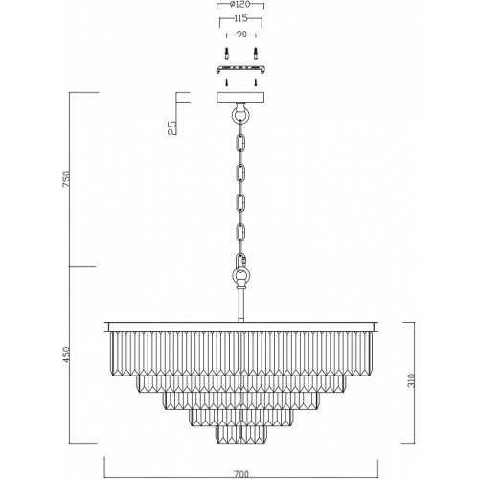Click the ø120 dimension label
point(240,5)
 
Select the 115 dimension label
point(240,18)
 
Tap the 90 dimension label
point(241,34)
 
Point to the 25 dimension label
point(172,127)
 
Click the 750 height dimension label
point(66,180)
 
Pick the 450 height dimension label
point(66,354)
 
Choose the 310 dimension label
point(412,380)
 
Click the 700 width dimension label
point(241,474)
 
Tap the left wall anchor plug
point(227,54)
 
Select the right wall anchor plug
point(255,54)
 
